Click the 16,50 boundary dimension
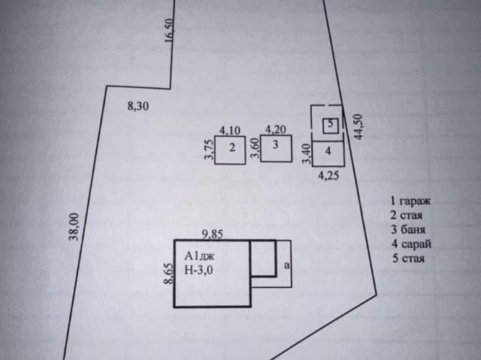169,30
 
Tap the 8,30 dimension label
138,106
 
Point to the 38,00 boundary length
74,227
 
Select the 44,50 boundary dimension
358,127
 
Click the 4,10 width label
230,131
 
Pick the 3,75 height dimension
209,150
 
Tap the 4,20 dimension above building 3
276,129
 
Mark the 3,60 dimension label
256,148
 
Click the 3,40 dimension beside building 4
307,154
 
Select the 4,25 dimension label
328,175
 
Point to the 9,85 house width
212,234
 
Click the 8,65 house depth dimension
168,274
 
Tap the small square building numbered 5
331,126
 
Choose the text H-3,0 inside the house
198,270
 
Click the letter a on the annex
287,265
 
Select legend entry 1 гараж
410,201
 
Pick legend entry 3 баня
408,229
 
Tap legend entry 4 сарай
411,244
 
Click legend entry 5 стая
409,259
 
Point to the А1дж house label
199,256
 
